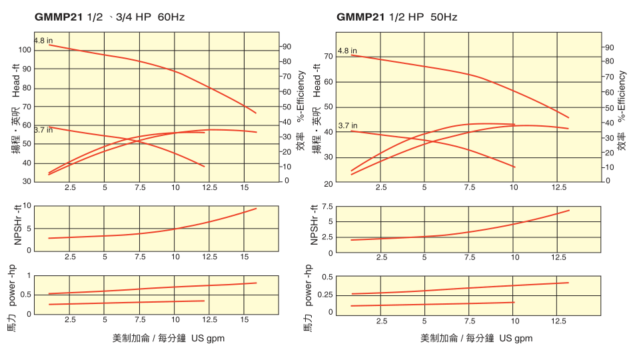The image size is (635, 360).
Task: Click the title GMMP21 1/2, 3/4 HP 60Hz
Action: coord(109,17)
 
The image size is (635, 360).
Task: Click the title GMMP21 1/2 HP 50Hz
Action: coord(396,17)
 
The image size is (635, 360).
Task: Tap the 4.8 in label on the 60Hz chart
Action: coord(43,41)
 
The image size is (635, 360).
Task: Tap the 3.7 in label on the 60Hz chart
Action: coord(43,130)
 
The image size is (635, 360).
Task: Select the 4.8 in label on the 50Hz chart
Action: coord(347,51)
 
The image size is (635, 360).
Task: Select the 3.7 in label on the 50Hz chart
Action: coord(347,125)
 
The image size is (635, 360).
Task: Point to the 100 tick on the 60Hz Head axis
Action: coord(25,50)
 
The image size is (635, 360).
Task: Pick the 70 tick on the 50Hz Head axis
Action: coord(328,57)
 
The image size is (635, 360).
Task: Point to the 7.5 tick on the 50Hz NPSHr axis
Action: coord(327,206)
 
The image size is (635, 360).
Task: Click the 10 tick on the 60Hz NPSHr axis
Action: coord(27,206)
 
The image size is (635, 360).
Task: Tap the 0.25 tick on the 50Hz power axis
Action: coord(326,294)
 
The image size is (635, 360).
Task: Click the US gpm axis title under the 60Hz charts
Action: coord(169,338)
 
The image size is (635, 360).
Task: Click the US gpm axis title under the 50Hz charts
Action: coord(476,338)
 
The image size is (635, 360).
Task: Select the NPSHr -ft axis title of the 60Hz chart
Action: coord(18,229)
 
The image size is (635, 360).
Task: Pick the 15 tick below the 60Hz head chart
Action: coord(245,188)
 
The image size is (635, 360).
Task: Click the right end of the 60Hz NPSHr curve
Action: coord(257,209)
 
